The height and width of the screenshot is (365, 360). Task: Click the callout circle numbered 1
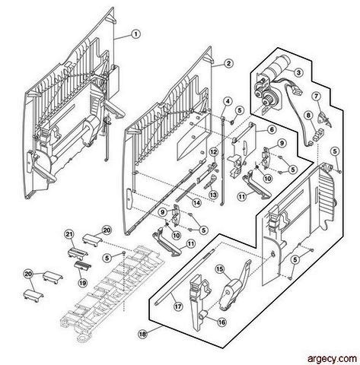(x=135, y=34)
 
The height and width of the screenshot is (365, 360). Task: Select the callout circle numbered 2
(x=228, y=63)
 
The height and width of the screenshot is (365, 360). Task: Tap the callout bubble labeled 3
(x=298, y=73)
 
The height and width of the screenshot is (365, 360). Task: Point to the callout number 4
(x=228, y=102)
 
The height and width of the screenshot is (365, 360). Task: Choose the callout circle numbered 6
(x=272, y=130)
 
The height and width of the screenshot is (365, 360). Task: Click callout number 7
(x=317, y=97)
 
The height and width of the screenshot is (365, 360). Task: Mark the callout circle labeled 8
(x=308, y=116)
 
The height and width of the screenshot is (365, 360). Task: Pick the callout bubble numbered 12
(x=214, y=152)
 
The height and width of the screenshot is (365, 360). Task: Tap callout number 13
(x=213, y=195)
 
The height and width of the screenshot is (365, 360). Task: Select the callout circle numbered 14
(x=196, y=203)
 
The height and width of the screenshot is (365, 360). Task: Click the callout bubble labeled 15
(x=220, y=269)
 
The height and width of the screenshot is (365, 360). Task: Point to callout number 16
(x=221, y=322)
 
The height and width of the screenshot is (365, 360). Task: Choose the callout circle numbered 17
(x=178, y=306)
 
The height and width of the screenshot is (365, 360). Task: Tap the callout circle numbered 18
(x=142, y=335)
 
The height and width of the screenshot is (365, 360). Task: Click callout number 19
(x=82, y=283)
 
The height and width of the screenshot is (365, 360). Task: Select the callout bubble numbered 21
(x=68, y=234)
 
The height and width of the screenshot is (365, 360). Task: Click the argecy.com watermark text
(x=332, y=359)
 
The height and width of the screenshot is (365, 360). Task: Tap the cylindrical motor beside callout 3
(x=278, y=65)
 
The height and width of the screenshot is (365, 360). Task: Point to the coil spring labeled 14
(x=185, y=192)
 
